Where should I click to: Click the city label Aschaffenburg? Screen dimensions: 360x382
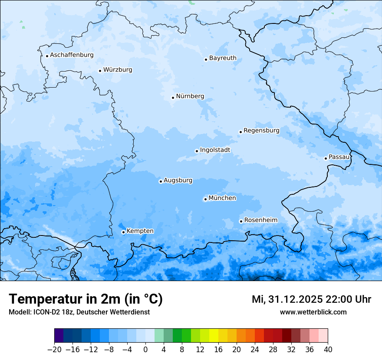click(72, 55)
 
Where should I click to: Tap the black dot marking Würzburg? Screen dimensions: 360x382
click(100, 71)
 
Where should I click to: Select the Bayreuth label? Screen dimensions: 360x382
click(223, 58)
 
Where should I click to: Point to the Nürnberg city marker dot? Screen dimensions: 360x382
click(173, 98)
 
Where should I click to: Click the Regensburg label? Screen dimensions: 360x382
click(261, 131)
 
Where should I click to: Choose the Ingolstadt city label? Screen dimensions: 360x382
click(215, 150)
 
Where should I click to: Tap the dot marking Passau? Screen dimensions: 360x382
click(326, 158)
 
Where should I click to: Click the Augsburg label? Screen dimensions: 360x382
click(178, 180)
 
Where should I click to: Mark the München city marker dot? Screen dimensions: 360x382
click(205, 200)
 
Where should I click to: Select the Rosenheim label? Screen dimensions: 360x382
click(260, 220)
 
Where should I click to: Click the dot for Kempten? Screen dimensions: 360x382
click(123, 232)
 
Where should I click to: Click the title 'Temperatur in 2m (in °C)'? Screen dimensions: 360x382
click(86, 299)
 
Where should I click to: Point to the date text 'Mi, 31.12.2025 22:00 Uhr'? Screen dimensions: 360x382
click(311, 299)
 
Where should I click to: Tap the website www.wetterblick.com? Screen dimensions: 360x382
click(313, 312)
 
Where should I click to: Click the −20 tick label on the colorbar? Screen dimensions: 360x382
click(54, 350)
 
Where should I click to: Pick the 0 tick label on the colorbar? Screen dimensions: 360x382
click(145, 350)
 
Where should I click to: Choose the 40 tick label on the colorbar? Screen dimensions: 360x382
click(328, 350)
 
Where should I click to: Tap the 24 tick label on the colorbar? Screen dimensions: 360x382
click(255, 350)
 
